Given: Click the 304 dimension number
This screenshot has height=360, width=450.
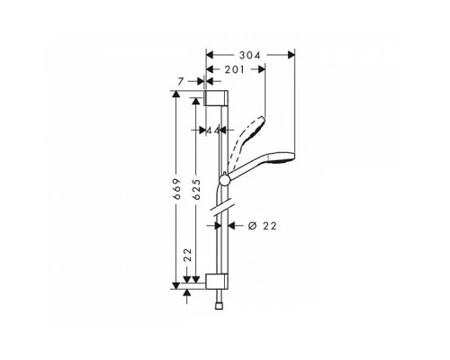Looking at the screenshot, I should [250, 55].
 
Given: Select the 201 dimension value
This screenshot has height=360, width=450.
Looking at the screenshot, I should [236, 70].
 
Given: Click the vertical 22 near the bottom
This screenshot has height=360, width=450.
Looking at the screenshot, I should [188, 258].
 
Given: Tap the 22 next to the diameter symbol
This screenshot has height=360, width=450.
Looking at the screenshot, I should [270, 225].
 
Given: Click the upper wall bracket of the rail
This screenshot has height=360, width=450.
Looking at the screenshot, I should [217, 98].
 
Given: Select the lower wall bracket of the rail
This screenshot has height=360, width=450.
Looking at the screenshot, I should [217, 279].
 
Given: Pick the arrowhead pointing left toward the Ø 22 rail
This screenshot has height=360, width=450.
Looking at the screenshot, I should [230, 225].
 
